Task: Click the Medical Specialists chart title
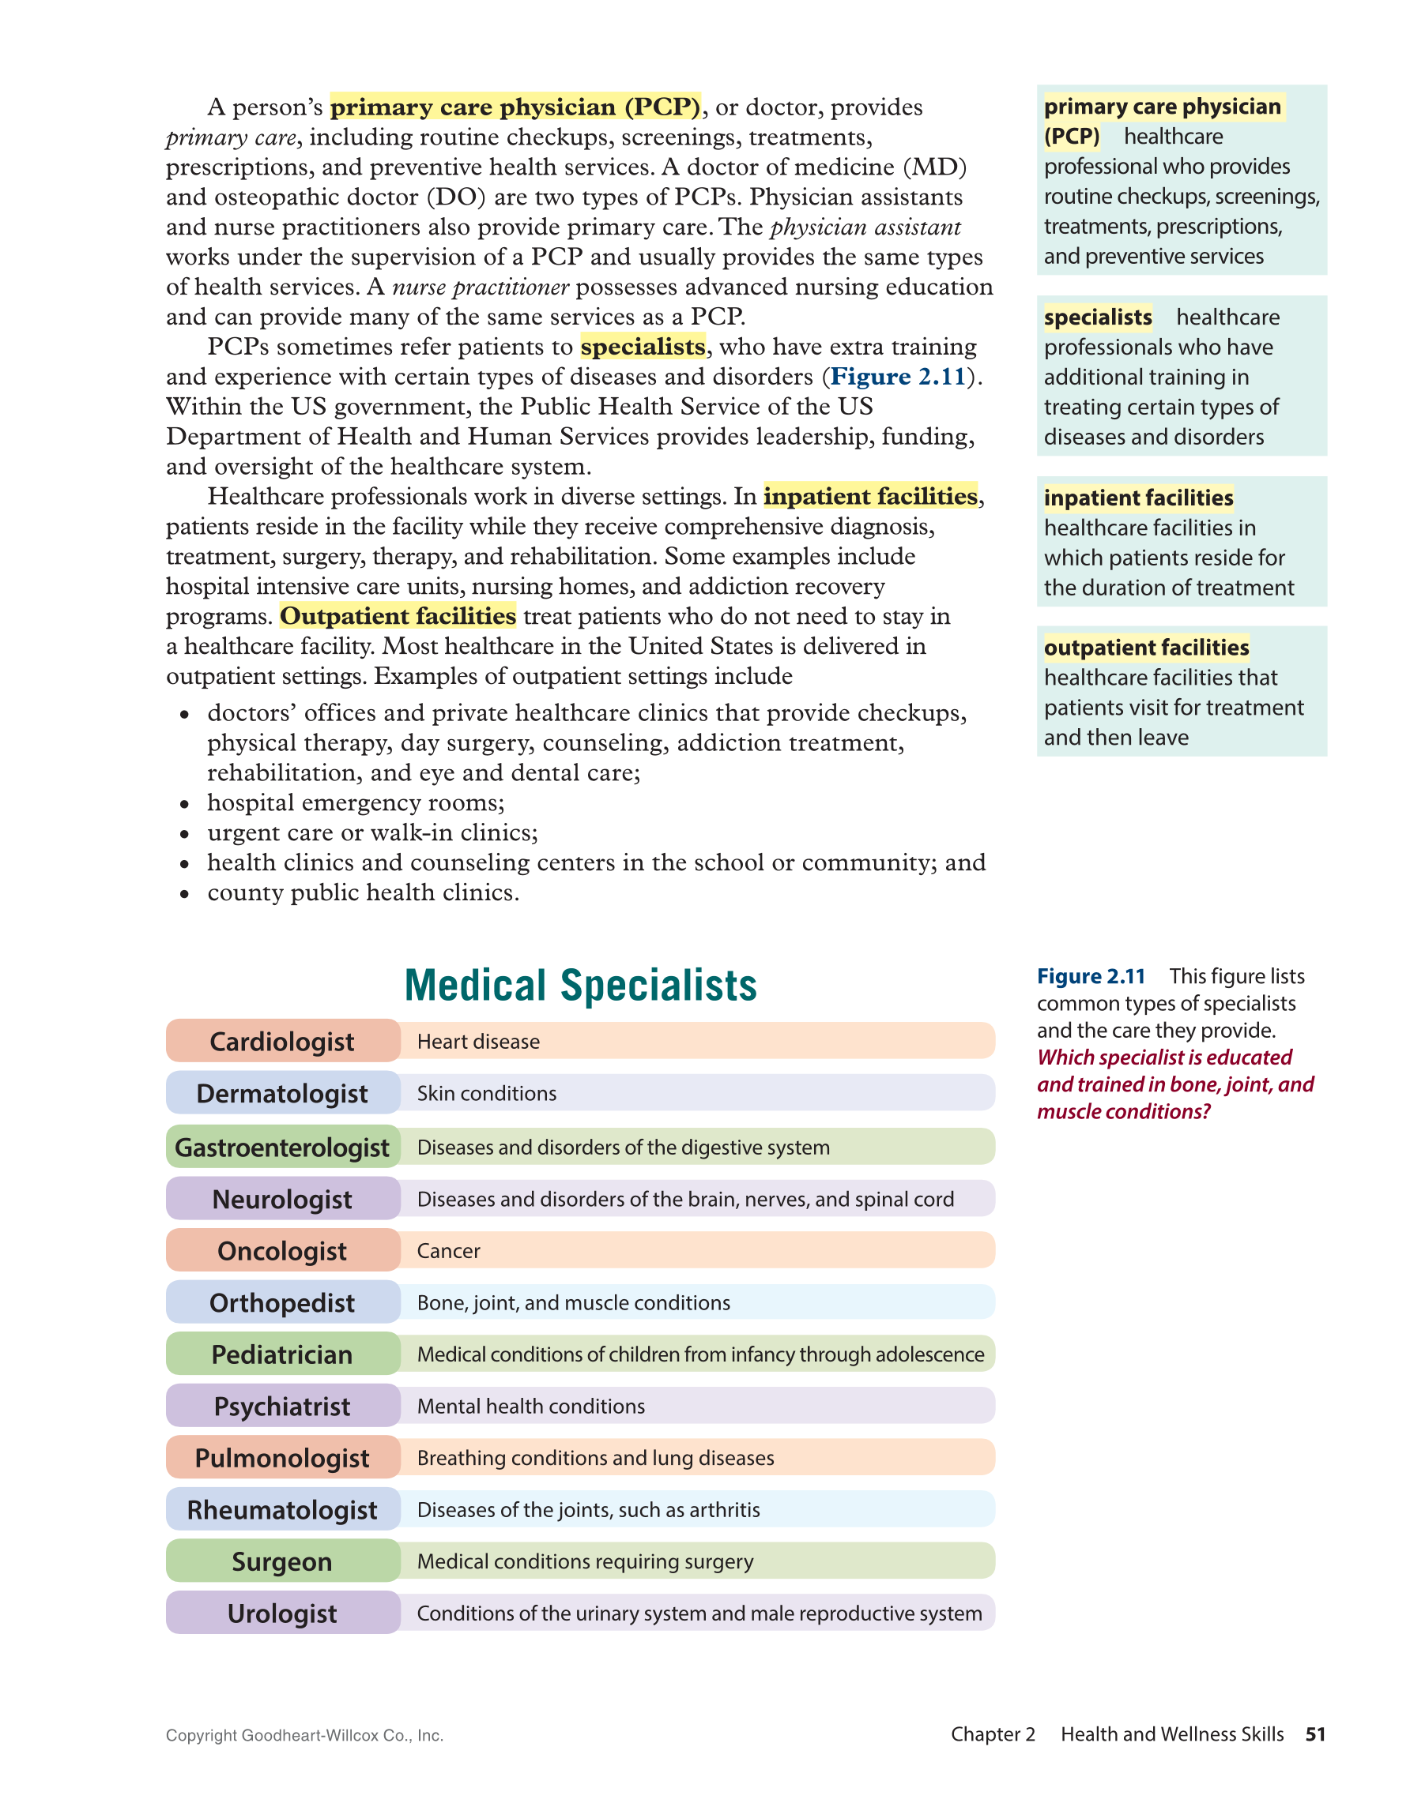[x=580, y=985]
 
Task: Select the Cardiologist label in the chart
[x=281, y=1041]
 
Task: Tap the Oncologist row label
[x=281, y=1251]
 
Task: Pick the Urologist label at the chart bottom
[x=281, y=1613]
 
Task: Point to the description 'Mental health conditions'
[x=530, y=1406]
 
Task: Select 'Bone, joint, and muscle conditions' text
[x=573, y=1303]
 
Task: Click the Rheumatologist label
[x=281, y=1510]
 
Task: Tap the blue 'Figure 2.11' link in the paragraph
[x=898, y=377]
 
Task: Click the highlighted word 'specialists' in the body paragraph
[x=643, y=347]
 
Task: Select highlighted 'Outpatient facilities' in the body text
[x=398, y=616]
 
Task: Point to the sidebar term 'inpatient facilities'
[x=1138, y=498]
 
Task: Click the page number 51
[x=1315, y=1734]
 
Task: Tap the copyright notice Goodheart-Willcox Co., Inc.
[x=304, y=1735]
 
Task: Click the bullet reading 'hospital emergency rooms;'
[x=355, y=802]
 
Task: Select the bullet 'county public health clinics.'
[x=363, y=892]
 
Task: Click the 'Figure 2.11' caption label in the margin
[x=1091, y=977]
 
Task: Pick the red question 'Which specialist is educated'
[x=1164, y=1057]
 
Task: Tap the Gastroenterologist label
[x=281, y=1148]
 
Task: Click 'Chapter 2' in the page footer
[x=992, y=1734]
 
